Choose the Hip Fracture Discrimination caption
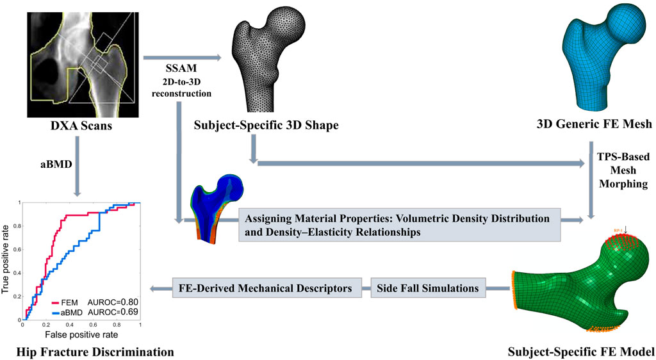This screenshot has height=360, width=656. [88, 351]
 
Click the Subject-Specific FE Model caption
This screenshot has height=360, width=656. [580, 351]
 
